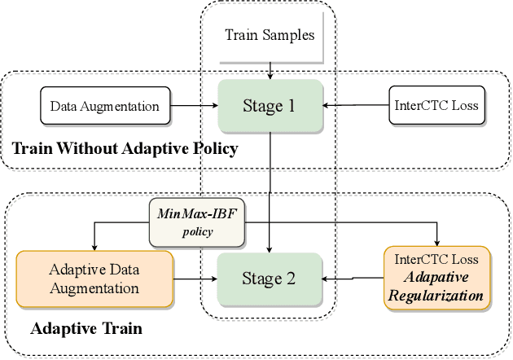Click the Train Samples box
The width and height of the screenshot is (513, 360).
tap(270, 37)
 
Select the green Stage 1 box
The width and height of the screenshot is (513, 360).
tap(270, 105)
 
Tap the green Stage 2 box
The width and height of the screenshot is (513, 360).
tap(270, 279)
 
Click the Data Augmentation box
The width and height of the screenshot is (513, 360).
tap(105, 106)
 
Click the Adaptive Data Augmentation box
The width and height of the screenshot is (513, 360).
tap(94, 278)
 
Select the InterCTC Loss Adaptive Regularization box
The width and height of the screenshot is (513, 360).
tap(438, 278)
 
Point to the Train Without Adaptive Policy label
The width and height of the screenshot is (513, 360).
tap(124, 148)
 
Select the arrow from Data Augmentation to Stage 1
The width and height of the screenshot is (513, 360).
tap(195, 106)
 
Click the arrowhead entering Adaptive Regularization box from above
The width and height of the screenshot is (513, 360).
tap(438, 241)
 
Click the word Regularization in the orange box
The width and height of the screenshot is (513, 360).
tap(438, 296)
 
